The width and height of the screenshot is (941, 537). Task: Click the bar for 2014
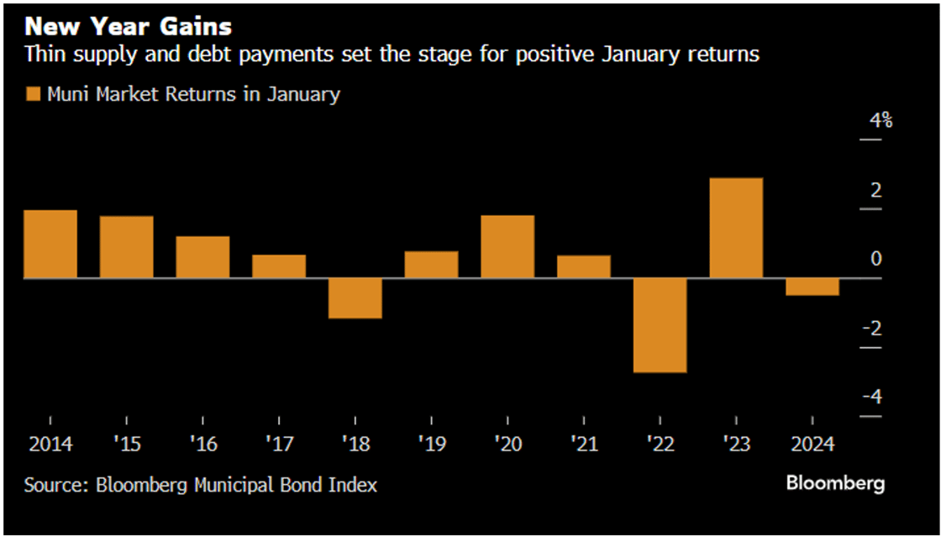(x=50, y=244)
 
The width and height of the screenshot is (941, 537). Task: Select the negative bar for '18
(x=355, y=297)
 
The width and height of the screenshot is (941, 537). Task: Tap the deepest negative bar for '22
(x=660, y=324)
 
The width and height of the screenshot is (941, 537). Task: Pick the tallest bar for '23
(x=736, y=228)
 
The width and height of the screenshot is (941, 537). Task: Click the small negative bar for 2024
(x=812, y=287)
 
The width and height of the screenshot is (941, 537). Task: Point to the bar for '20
(x=507, y=246)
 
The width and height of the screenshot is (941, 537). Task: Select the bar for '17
(x=279, y=266)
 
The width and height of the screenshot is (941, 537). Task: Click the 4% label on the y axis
(x=881, y=121)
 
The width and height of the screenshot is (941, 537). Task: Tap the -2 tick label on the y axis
(x=874, y=328)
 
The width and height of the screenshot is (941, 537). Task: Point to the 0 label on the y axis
(x=876, y=259)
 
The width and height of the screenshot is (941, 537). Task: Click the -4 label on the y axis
(x=874, y=397)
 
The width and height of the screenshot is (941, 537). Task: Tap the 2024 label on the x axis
(x=812, y=445)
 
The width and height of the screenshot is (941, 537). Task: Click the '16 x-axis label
(x=202, y=445)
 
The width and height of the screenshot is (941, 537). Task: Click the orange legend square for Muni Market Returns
(x=33, y=94)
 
